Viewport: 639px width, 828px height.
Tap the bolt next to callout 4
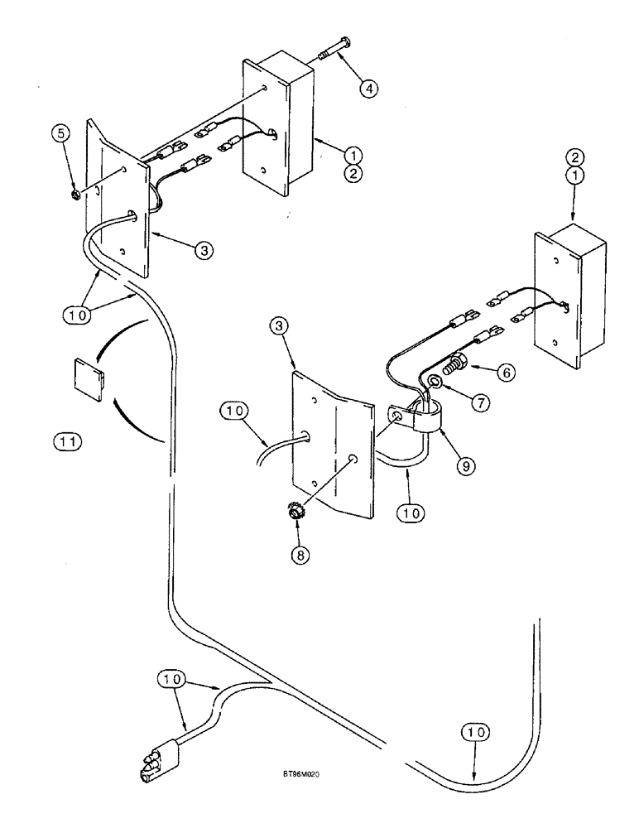pyautogui.click(x=334, y=50)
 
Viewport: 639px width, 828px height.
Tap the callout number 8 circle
pyautogui.click(x=299, y=556)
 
